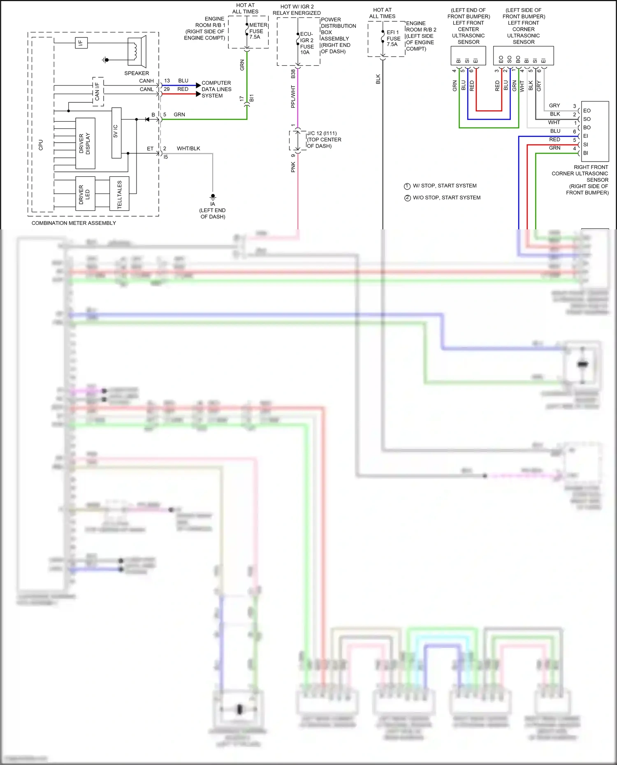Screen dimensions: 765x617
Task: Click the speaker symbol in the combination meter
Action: pos(137,51)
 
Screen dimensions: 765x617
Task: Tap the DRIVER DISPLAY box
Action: pos(85,143)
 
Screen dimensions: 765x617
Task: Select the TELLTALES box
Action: pos(119,194)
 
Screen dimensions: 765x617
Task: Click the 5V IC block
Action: pos(116,133)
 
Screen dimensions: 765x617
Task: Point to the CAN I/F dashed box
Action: pos(98,91)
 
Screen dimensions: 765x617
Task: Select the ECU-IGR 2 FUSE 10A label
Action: pos(307,43)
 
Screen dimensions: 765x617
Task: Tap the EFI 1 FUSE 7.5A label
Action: pos(393,38)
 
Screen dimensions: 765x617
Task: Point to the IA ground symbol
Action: pos(213,197)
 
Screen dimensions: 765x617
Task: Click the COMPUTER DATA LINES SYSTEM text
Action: pos(216,89)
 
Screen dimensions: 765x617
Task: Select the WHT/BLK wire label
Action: pos(188,148)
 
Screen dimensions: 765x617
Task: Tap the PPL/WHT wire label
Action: pos(293,97)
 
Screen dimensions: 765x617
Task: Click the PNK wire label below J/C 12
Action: pos(293,166)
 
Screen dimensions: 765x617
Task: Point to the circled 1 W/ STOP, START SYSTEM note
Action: pos(441,186)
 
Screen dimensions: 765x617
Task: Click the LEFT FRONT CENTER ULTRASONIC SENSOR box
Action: pos(468,55)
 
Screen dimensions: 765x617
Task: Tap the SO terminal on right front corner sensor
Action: pos(587,119)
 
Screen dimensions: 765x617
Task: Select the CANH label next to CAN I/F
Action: pos(146,81)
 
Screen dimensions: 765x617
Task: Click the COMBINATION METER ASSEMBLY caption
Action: pos(74,223)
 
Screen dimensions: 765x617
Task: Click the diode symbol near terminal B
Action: pos(147,119)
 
